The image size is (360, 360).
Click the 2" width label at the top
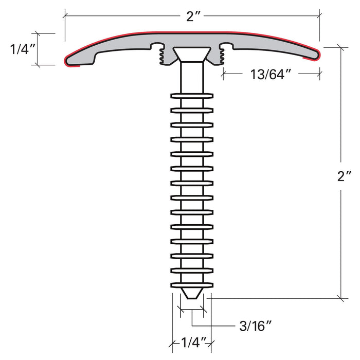pyautogui.click(x=192, y=16)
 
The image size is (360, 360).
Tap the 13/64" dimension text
pyautogui.click(x=271, y=74)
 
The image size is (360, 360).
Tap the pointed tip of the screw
pyautogui.click(x=191, y=294)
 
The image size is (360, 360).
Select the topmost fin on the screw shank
pyautogui.click(x=191, y=96)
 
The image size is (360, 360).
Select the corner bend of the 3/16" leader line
pyautogui.click(x=192, y=326)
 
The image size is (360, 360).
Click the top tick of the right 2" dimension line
pyautogui.click(x=339, y=46)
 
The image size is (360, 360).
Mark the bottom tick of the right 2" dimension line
pyautogui.click(x=339, y=297)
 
